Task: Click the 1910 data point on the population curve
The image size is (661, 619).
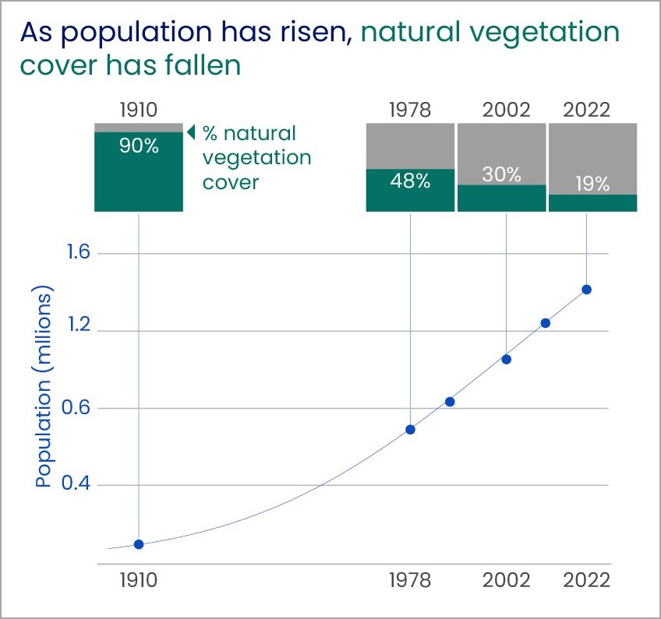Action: (139, 544)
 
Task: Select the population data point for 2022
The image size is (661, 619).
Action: (586, 290)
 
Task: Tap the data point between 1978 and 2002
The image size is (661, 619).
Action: (450, 402)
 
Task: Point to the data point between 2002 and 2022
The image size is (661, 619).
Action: (546, 323)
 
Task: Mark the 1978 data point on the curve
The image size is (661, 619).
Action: (411, 429)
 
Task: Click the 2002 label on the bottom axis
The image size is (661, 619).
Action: (507, 581)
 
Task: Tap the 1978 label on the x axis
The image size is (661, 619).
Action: (411, 581)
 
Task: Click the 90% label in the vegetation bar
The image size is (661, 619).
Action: (139, 146)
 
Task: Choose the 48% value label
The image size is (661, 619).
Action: (411, 181)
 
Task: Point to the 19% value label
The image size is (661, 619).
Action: (593, 184)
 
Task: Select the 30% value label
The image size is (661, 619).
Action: (502, 174)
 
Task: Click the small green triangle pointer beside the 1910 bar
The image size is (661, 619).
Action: (191, 132)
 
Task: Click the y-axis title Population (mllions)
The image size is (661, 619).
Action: (45, 389)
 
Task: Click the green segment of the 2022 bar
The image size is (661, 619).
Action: (593, 202)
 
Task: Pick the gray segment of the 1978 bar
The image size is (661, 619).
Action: (411, 146)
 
